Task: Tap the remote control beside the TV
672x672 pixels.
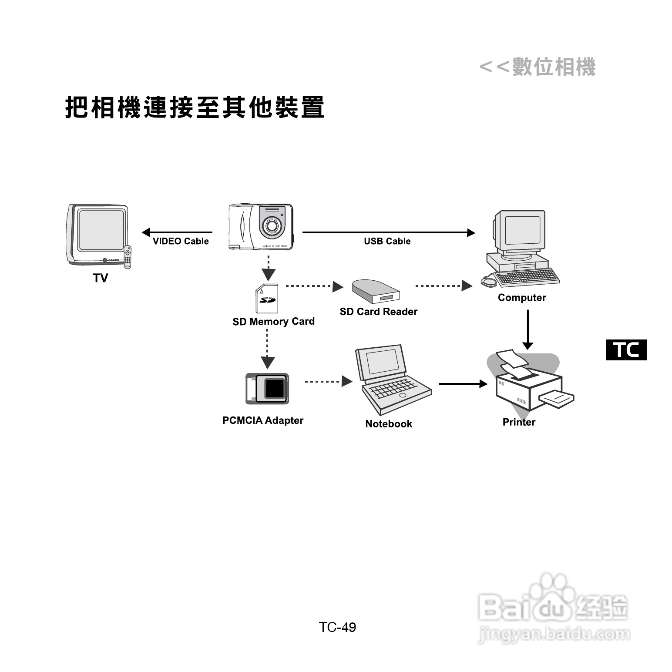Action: point(128,257)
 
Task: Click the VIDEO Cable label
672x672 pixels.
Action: point(181,241)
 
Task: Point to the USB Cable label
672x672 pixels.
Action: point(387,241)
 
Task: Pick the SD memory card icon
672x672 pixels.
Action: point(267,299)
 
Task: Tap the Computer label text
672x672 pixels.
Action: point(522,298)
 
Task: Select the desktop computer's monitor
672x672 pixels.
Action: point(519,231)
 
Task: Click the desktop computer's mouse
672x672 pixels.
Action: point(488,282)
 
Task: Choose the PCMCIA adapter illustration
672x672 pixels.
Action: point(267,388)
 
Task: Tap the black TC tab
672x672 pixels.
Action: point(626,350)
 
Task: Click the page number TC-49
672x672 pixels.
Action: point(337,627)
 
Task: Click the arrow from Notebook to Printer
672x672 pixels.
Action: point(463,384)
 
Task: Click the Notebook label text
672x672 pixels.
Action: point(389,424)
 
